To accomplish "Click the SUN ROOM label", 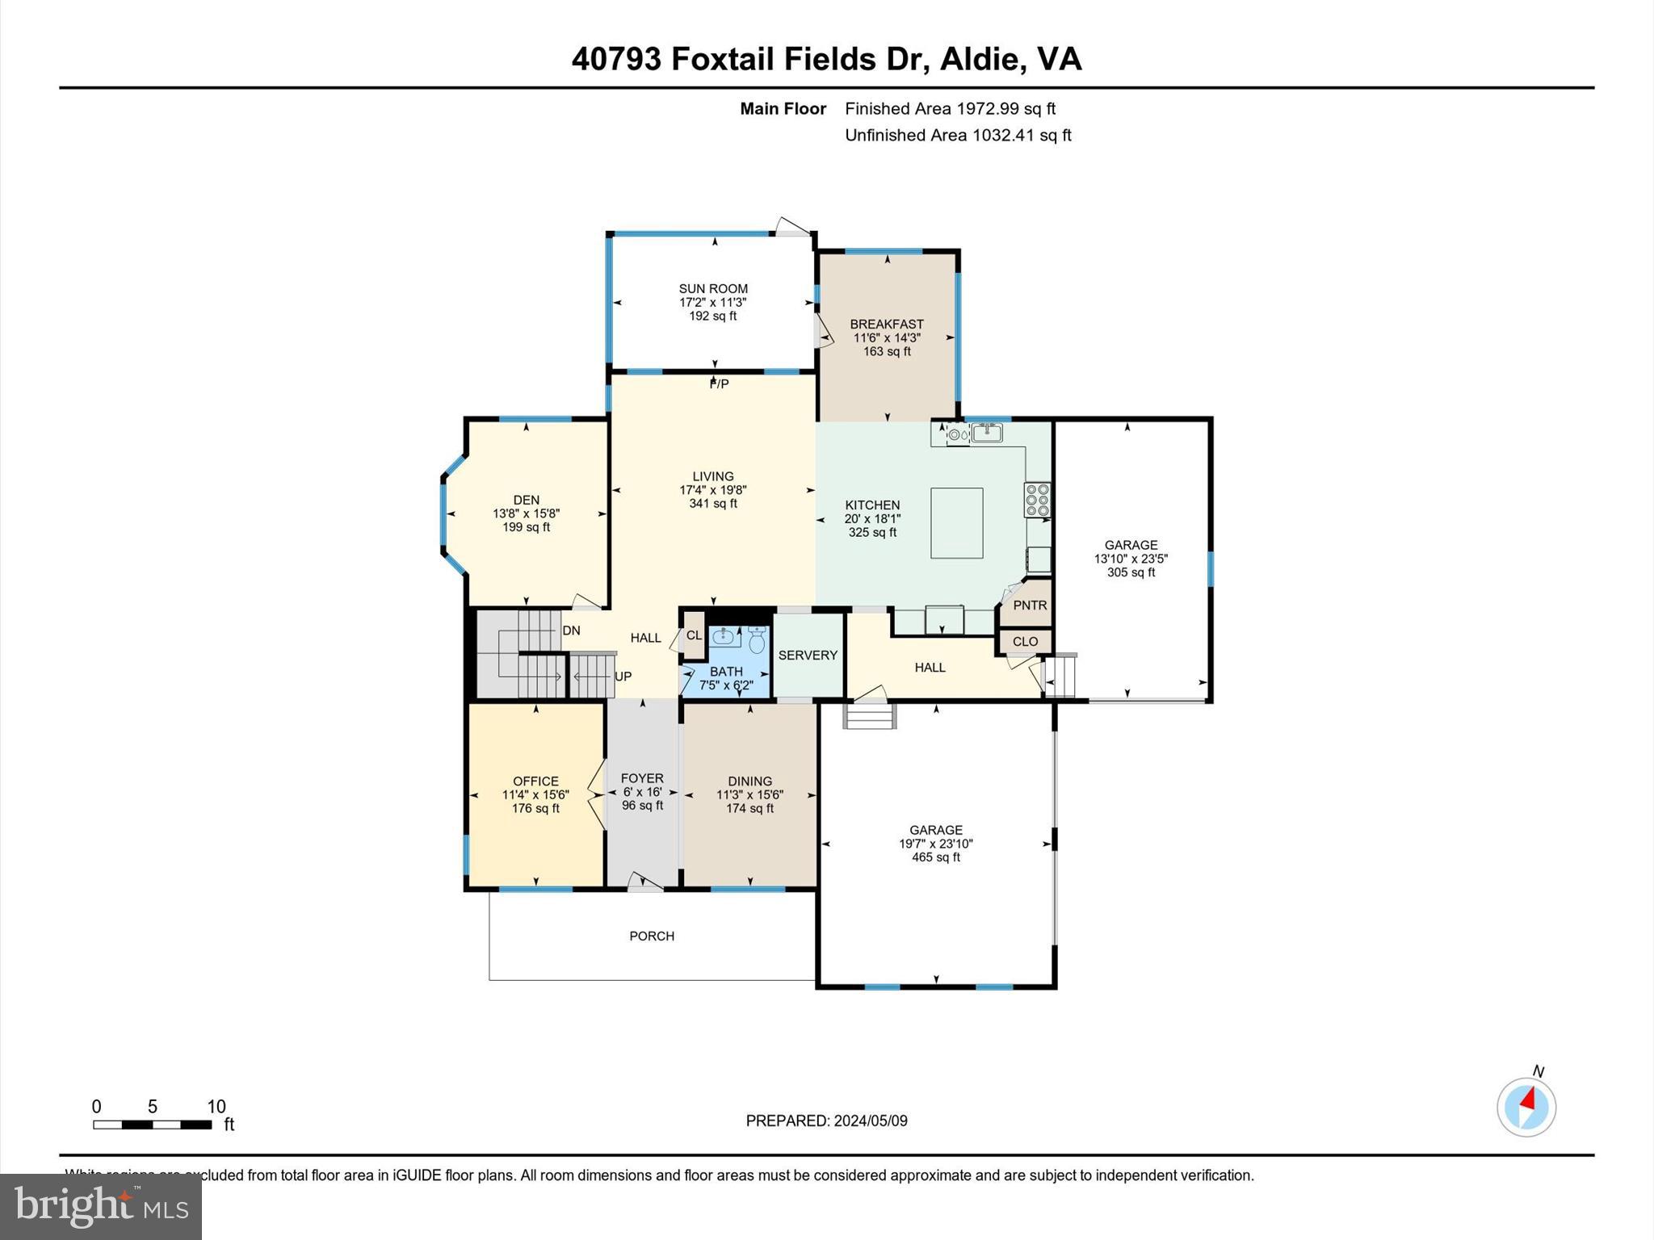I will pos(713,288).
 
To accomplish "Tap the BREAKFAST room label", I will pos(887,324).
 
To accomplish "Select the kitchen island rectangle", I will pos(956,522).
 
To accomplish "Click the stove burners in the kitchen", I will pos(1037,500).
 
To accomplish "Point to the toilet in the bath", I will pos(757,641).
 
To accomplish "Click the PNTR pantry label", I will pos(1030,605).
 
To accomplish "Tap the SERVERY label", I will pos(808,656).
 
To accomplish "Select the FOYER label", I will pos(642,778).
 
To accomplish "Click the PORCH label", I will pos(652,936).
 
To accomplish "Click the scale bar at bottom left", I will pos(152,1124).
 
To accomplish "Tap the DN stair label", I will pos(571,630).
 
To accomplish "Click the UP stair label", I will pos(623,677).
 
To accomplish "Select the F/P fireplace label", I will pos(719,384).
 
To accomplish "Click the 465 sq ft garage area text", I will pos(936,857).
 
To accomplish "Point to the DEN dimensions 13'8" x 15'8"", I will pos(526,513).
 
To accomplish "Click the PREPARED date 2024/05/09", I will pos(871,1121).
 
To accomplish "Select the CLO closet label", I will pos(1025,642).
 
